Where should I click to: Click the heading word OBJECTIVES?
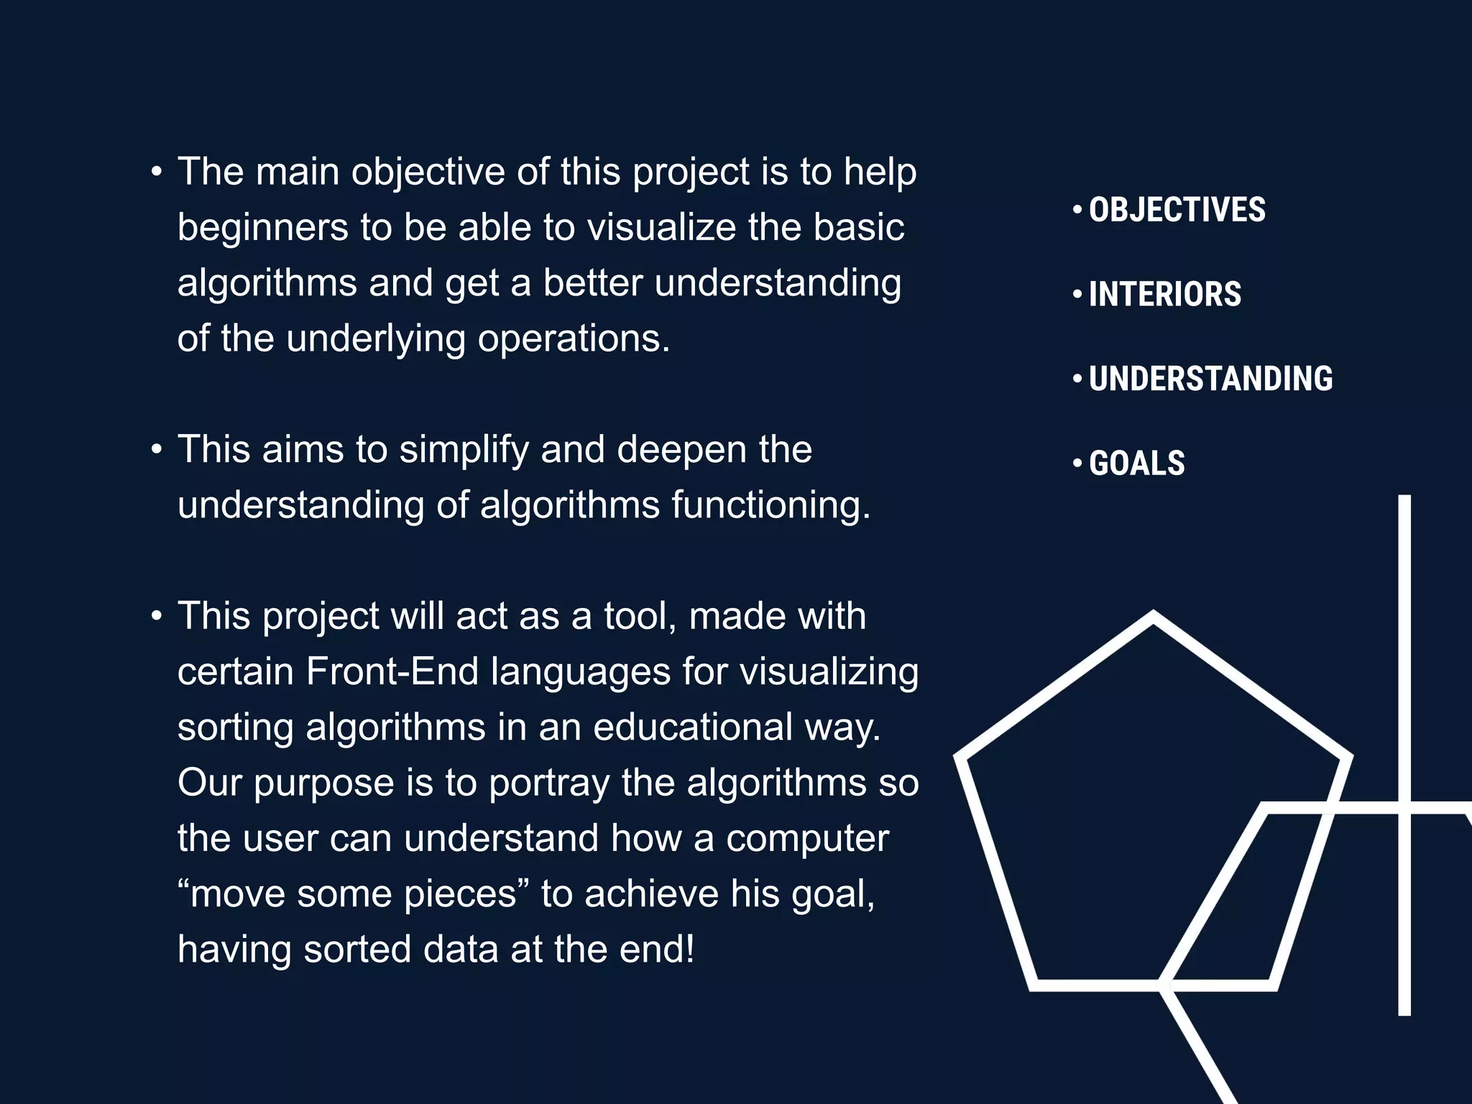[x=1177, y=210]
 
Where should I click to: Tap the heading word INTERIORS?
[x=1164, y=294]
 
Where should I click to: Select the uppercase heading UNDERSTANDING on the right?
[x=1210, y=379]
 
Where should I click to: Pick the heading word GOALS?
[x=1136, y=463]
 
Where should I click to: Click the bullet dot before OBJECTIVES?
[x=1077, y=210]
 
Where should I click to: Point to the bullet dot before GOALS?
[x=1077, y=463]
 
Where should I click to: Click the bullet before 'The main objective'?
[x=157, y=172]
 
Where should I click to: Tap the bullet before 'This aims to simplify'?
[x=157, y=449]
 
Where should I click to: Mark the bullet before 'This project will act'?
[x=157, y=616]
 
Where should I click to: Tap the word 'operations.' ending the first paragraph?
[x=574, y=339]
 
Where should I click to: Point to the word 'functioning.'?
[x=770, y=505]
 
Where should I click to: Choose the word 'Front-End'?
[x=392, y=671]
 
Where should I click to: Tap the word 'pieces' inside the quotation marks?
[x=460, y=895]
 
